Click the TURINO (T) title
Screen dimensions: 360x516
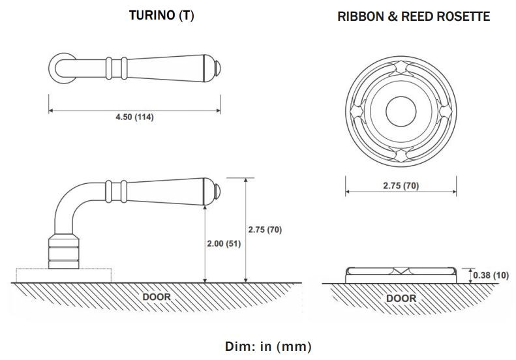coord(161,16)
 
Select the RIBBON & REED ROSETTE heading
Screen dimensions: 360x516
coord(414,16)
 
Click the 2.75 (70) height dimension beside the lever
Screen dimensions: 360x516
coord(265,230)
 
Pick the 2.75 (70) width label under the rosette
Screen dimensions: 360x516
coord(401,186)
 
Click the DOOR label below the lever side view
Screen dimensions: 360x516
coord(157,297)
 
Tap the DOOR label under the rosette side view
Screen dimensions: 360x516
coord(401,298)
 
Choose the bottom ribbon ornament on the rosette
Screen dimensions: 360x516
coord(401,153)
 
